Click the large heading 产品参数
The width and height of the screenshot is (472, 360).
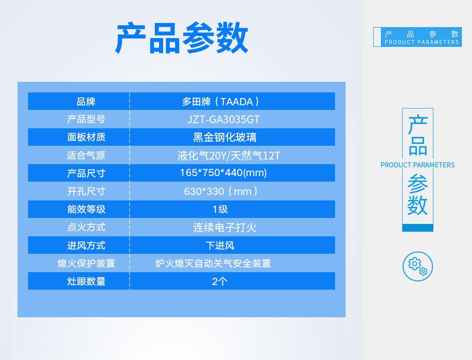tap(182, 38)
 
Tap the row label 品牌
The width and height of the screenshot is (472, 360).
tap(86, 102)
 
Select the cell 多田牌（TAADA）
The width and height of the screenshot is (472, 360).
tap(221, 102)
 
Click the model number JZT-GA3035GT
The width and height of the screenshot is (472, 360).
tap(223, 120)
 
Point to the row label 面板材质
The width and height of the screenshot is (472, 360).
tap(86, 137)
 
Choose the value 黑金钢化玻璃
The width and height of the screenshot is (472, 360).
tap(225, 137)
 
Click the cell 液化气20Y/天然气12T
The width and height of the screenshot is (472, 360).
tap(229, 156)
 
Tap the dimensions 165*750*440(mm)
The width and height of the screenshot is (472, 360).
tap(223, 173)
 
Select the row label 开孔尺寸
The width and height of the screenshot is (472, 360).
tap(86, 191)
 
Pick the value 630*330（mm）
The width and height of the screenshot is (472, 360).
tap(221, 191)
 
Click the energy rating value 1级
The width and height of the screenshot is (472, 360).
tap(220, 209)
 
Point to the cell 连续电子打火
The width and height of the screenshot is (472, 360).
tap(225, 227)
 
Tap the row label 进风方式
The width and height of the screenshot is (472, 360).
tap(86, 246)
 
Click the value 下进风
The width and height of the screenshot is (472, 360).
tap(220, 246)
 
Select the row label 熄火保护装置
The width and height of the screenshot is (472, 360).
tap(86, 263)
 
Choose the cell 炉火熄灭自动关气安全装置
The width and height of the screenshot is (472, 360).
tap(213, 263)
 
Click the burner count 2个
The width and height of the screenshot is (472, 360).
tap(219, 281)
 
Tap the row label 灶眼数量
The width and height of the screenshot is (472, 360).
tap(86, 281)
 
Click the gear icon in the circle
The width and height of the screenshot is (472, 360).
tap(417, 266)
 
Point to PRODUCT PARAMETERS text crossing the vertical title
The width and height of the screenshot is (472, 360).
tap(417, 165)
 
